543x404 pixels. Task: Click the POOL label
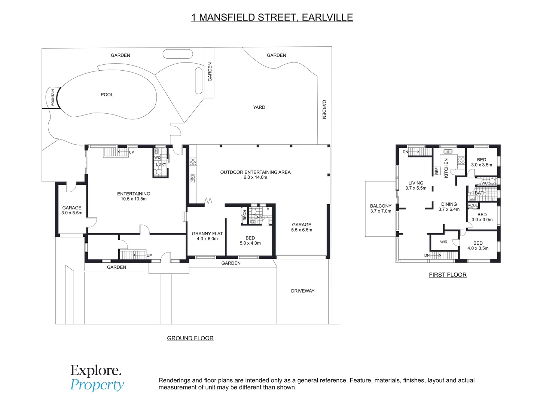pos(107,95)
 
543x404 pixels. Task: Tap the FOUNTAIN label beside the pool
pos(53,97)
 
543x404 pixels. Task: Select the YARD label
pos(259,107)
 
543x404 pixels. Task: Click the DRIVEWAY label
pos(302,291)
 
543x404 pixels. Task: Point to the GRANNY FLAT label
pos(207,233)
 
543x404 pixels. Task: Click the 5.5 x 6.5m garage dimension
pos(302,230)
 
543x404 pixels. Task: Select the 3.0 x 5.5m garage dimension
pos(72,213)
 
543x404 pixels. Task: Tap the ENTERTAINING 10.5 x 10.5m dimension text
pos(134,199)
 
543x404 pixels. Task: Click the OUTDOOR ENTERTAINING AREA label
pos(255,172)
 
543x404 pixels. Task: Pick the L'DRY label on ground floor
pos(161,164)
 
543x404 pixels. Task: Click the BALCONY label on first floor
pos(381,206)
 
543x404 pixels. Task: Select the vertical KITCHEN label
pos(446,168)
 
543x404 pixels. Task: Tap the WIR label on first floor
pos(444,242)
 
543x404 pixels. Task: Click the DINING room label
pos(449,204)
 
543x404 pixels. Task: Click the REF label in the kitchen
pos(437,171)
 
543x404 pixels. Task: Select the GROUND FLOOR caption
pos(190,338)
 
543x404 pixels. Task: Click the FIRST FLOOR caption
pos(448,275)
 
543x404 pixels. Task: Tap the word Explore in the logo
pos(96,371)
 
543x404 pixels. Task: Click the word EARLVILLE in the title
pos(327,17)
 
